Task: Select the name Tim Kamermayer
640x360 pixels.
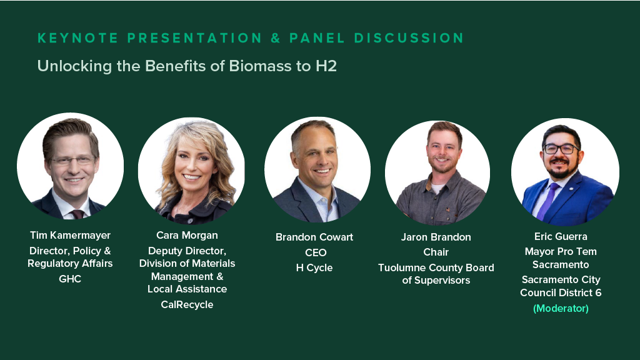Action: tap(70, 235)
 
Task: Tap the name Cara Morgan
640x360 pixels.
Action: tap(187, 235)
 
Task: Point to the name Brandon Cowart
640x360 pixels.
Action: tap(314, 237)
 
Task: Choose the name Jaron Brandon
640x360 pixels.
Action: tap(436, 237)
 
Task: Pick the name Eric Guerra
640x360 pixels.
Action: tap(561, 236)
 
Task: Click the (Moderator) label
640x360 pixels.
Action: tap(561, 308)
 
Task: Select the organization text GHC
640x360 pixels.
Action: tap(70, 279)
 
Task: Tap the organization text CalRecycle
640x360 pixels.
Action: tap(187, 304)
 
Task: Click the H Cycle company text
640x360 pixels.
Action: tap(314, 267)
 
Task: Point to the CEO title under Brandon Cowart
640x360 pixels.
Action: tap(314, 252)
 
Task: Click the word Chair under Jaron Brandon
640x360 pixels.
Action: tap(436, 252)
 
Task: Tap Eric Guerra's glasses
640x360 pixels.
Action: tap(560, 149)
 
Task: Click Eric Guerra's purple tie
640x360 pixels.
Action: tap(549, 199)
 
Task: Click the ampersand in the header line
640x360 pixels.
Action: tap(276, 38)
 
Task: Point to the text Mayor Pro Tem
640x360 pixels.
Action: tap(561, 251)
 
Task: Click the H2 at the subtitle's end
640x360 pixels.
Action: tap(326, 66)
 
